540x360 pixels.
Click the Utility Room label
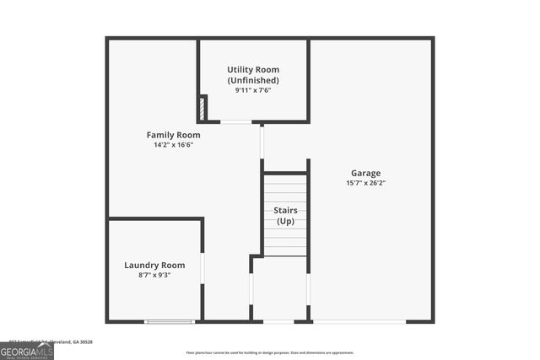[x=253, y=69]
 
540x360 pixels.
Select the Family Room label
[x=173, y=135]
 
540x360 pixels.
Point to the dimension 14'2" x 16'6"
[x=173, y=145]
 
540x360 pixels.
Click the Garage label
[x=365, y=173]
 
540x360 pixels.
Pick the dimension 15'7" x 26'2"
[x=365, y=183]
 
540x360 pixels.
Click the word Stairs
[x=285, y=210]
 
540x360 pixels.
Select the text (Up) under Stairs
[x=285, y=221]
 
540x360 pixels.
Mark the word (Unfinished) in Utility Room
[x=253, y=80]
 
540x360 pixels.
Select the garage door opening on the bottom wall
[x=359, y=321]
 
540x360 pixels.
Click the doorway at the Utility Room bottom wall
[x=236, y=122]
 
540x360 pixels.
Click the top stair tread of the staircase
[x=285, y=180]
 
